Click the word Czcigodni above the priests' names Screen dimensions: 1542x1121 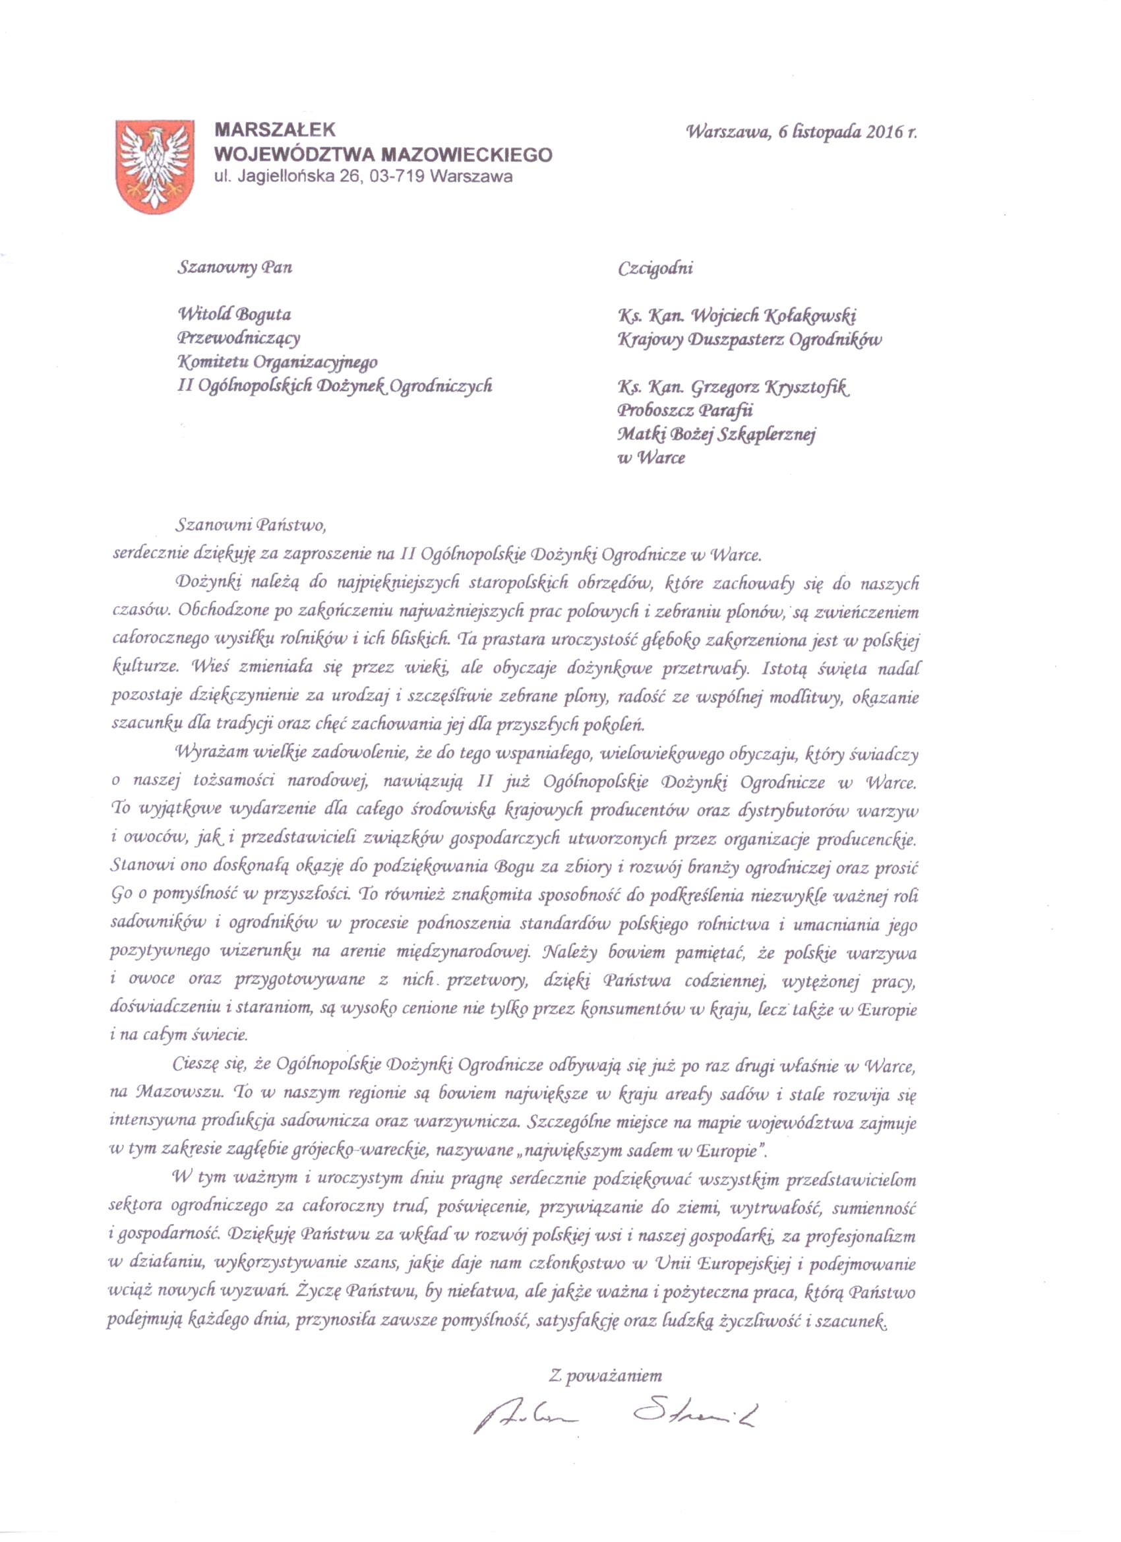(x=655, y=268)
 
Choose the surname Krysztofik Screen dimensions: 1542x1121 (x=806, y=388)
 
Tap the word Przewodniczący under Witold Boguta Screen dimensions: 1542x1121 (x=238, y=338)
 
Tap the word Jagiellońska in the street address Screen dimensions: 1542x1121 (x=285, y=177)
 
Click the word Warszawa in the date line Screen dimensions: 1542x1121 (x=729, y=133)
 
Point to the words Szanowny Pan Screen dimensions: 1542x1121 (x=235, y=267)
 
